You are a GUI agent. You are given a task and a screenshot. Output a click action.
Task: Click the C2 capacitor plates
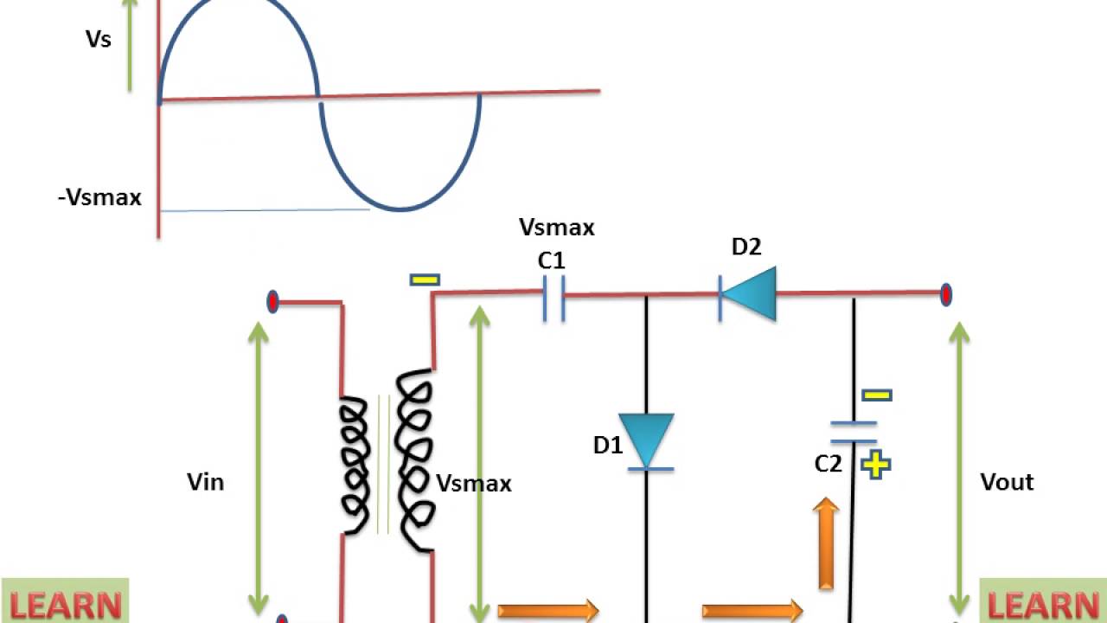(x=854, y=431)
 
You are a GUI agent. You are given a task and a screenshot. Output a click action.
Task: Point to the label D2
(x=746, y=247)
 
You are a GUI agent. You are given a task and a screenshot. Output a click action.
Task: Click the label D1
(x=607, y=446)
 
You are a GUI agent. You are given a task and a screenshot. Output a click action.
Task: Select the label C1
(x=552, y=260)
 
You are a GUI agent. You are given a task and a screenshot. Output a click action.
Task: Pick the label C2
(x=828, y=465)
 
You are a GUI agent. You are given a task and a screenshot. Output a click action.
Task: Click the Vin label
(x=206, y=482)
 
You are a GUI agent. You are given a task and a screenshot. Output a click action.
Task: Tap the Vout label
(x=1007, y=482)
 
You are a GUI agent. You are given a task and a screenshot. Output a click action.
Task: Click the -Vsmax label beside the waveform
(x=99, y=197)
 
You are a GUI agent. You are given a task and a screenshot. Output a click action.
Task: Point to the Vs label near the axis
(x=99, y=39)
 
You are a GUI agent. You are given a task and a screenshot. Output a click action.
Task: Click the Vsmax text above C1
(x=556, y=228)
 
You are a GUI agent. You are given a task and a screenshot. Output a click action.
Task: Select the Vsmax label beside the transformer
(x=474, y=483)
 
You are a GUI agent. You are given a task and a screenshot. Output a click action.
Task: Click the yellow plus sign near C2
(x=876, y=466)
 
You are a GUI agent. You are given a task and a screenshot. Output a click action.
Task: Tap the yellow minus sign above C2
(x=876, y=395)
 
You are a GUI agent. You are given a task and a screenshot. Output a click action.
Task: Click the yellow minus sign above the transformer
(x=425, y=279)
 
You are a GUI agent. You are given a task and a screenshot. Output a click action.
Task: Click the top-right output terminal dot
(x=946, y=294)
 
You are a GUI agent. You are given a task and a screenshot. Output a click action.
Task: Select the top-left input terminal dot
(x=273, y=302)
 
